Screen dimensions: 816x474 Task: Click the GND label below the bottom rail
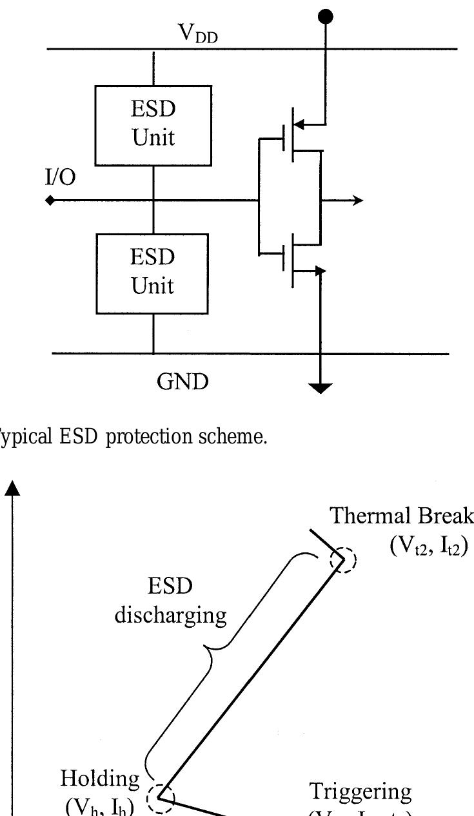tap(183, 382)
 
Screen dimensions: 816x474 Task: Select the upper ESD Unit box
tap(153, 125)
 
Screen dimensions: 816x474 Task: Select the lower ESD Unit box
tap(153, 273)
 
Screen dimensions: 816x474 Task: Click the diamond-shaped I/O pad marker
tap(50, 200)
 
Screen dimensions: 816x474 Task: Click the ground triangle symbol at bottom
tap(321, 387)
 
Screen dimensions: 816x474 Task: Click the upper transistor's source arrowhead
tap(299, 122)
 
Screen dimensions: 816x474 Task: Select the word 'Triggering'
tap(360, 791)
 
